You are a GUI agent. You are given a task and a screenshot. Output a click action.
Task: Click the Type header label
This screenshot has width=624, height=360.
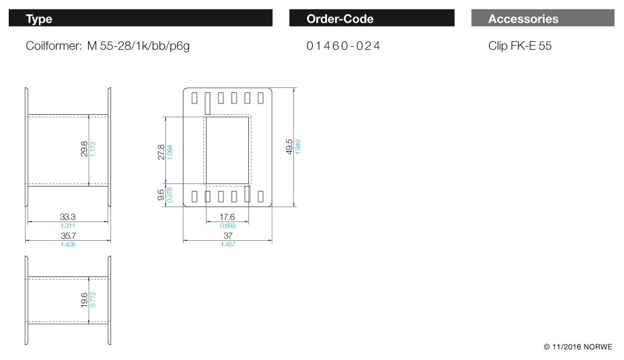(39, 19)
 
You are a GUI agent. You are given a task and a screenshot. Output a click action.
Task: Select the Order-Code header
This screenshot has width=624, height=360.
(339, 19)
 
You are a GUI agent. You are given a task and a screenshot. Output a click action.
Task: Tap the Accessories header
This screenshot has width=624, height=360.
(523, 19)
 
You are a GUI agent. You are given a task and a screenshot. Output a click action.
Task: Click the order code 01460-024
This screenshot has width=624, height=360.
(343, 46)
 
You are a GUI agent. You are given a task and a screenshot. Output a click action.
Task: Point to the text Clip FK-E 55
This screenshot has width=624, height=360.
(520, 46)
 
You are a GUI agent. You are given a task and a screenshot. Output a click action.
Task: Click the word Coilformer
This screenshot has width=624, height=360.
(52, 46)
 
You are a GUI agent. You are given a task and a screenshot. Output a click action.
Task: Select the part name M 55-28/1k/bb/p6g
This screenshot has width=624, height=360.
(138, 46)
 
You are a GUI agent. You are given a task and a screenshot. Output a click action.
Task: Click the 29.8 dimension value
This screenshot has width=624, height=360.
(84, 149)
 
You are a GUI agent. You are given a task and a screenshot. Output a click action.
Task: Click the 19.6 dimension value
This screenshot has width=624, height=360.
(84, 299)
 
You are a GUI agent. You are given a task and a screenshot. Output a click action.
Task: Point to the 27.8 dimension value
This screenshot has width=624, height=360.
(161, 152)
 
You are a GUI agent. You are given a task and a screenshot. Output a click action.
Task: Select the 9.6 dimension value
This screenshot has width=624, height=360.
(161, 195)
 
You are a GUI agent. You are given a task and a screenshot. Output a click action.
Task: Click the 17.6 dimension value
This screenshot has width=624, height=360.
(227, 217)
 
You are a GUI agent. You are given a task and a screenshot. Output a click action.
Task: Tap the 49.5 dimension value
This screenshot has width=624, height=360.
(290, 147)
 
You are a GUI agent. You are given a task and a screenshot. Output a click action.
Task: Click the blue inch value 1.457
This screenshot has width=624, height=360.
(228, 244)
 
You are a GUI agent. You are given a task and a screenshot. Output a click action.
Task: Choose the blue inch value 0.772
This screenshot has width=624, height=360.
(93, 299)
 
